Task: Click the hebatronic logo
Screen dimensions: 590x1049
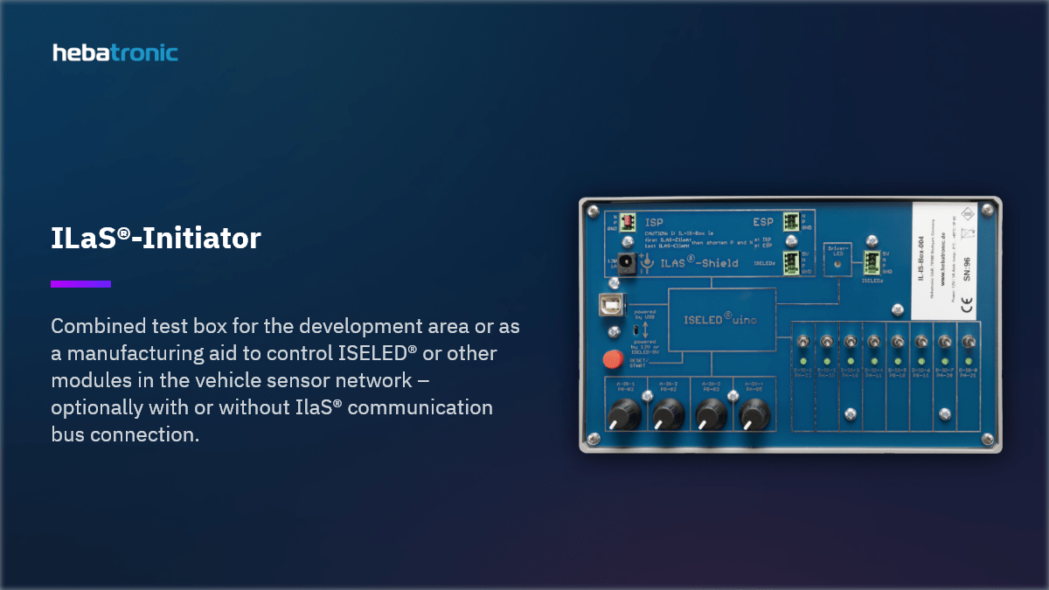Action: click(115, 52)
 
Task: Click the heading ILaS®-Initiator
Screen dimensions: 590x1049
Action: click(156, 238)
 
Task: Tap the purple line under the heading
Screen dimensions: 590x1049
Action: click(80, 283)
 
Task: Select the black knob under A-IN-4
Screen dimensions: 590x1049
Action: click(752, 413)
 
